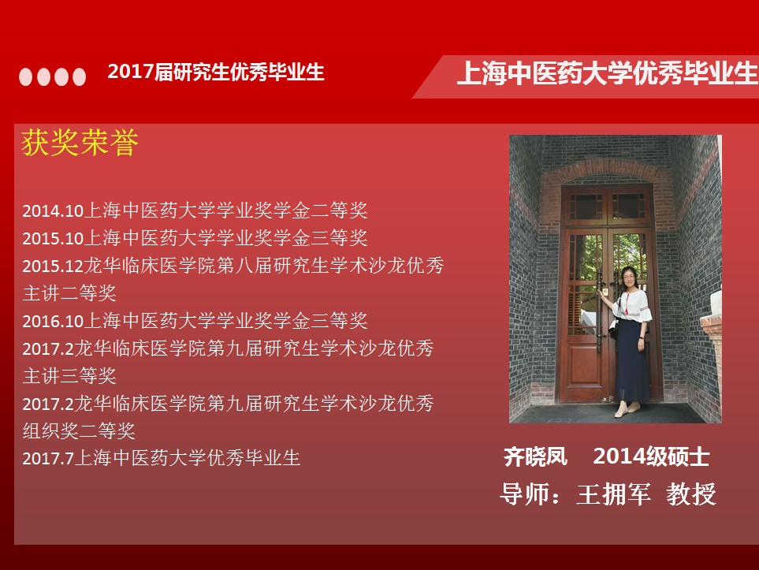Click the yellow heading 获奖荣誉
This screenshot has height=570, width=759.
coord(80,143)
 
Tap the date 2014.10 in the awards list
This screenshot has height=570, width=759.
coord(54,210)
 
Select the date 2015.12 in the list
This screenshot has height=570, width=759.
coord(54,266)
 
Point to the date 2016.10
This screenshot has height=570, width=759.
coord(54,321)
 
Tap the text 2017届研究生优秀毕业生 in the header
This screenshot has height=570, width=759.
coord(216,73)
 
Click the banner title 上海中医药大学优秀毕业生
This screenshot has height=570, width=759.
coord(608,73)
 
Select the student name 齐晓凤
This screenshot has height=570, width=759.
coord(535,456)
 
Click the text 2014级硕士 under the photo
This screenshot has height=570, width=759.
coord(652,456)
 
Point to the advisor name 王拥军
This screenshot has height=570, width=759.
coord(613,494)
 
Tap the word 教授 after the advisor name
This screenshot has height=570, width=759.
coord(691,494)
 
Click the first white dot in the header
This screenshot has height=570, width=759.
coord(26,77)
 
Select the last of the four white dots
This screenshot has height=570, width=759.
coord(80,77)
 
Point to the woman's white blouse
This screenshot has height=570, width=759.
coord(631,305)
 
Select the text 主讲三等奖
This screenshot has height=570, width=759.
coord(69,376)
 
